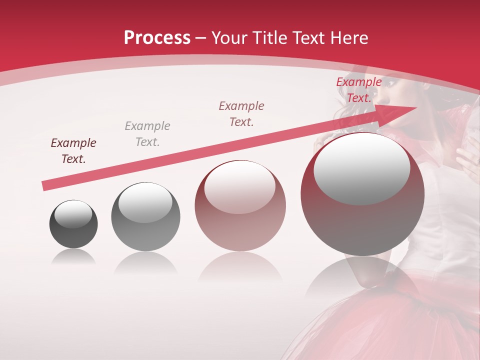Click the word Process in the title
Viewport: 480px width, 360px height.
(157, 37)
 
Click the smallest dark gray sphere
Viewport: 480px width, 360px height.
(73, 224)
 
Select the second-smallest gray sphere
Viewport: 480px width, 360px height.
(145, 217)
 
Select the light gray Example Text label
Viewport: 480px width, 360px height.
(147, 133)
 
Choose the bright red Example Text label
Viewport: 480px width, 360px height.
(359, 90)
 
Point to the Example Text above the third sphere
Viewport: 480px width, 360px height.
(241, 113)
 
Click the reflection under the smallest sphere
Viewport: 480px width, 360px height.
(73, 257)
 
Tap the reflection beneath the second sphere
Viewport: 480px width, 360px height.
(145, 262)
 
